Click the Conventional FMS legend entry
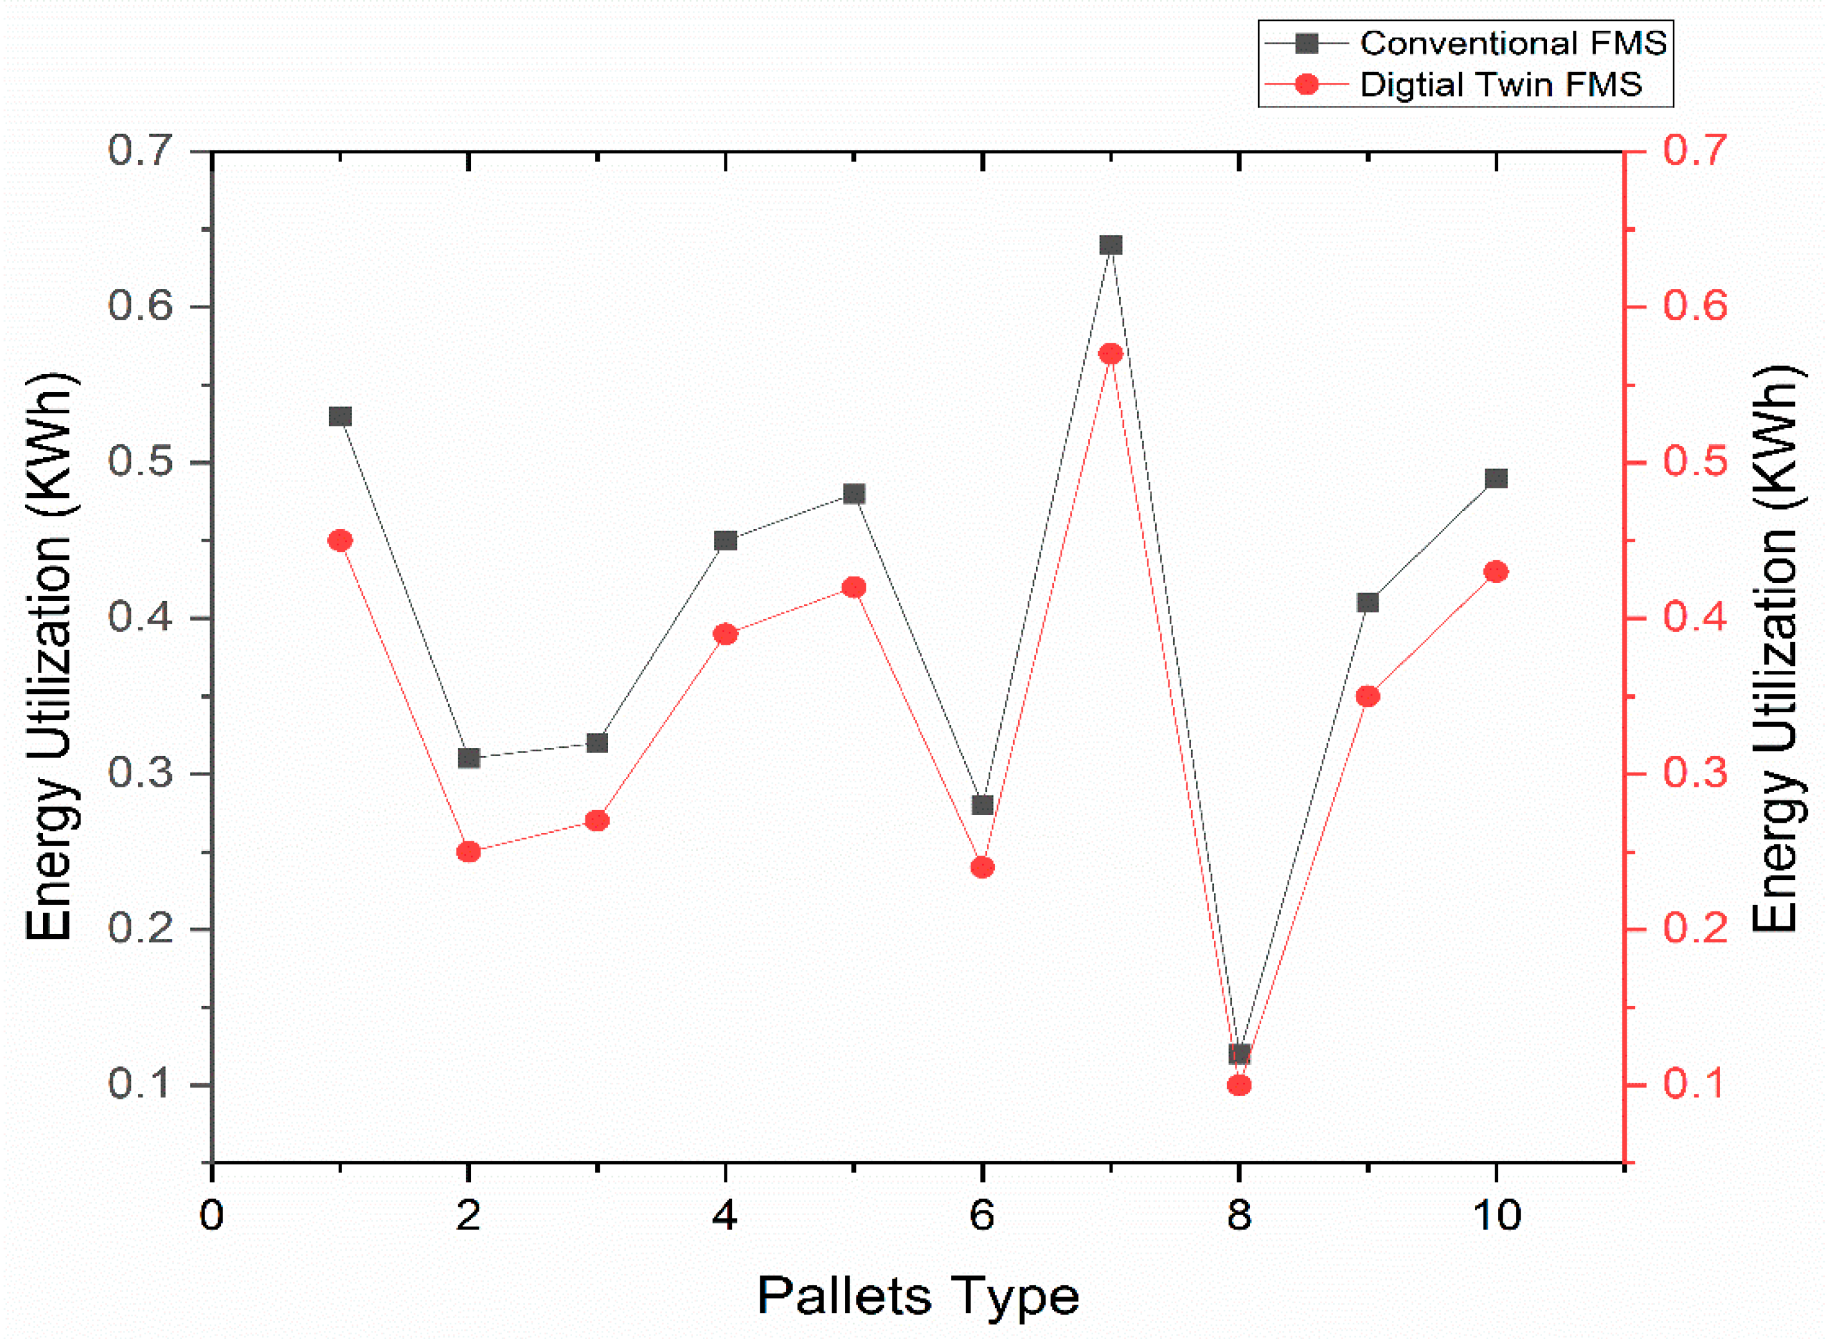tap(1464, 43)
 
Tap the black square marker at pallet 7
tap(1110, 245)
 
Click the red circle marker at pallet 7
tap(1110, 354)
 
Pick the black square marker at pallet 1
tap(340, 416)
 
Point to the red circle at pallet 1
tap(340, 541)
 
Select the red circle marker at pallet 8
tap(1239, 1085)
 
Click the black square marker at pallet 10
tap(1496, 478)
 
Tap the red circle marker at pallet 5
tap(853, 587)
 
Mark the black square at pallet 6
tap(982, 805)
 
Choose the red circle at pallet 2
tap(469, 852)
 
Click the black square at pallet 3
tap(597, 743)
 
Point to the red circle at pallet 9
tap(1367, 696)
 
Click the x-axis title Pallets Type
tap(918, 1296)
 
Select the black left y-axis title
tap(50, 657)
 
